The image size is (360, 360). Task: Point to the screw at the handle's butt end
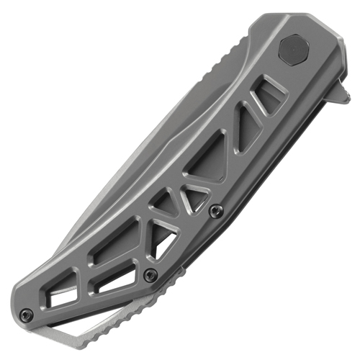click(27, 314)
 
